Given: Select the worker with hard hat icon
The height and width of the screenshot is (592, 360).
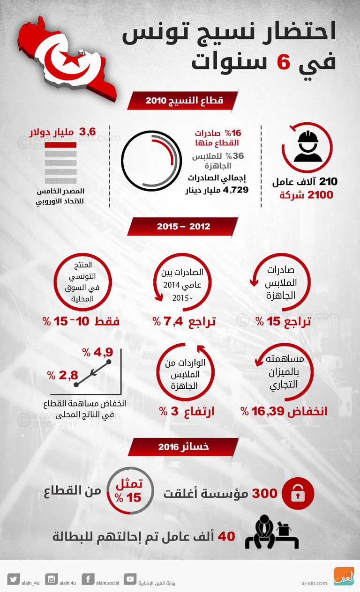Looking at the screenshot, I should (x=307, y=147).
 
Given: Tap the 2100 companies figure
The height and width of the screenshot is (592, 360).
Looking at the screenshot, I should (x=320, y=195).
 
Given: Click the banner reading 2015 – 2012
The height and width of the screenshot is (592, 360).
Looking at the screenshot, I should (x=183, y=226).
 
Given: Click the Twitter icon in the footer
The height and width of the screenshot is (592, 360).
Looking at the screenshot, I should (x=14, y=579).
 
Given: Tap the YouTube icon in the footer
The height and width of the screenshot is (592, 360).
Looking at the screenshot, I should (x=130, y=579).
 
